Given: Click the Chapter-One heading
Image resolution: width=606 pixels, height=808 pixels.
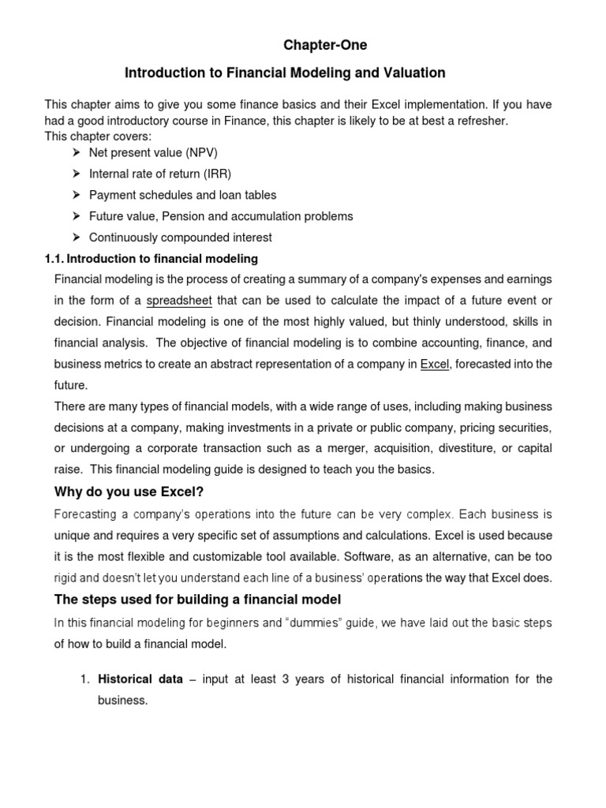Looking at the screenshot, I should (325, 46).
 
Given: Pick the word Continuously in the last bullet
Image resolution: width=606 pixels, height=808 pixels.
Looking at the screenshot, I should (122, 238).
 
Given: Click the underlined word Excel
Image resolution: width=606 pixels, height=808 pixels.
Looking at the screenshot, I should (434, 364).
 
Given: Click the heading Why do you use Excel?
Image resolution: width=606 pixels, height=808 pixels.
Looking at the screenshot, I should (129, 492).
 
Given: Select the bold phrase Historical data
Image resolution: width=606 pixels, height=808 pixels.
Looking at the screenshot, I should (140, 679).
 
